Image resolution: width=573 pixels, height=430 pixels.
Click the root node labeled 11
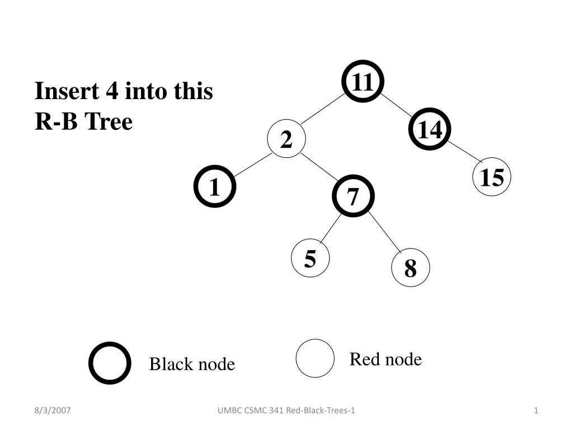363,81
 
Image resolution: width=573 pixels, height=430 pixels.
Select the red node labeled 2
286,139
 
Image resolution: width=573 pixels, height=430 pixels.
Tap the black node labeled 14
430,129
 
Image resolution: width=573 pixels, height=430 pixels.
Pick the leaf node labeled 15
492,176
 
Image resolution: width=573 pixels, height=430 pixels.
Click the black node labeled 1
215,186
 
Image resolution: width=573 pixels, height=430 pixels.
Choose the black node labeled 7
354,196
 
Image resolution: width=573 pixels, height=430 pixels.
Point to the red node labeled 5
310,258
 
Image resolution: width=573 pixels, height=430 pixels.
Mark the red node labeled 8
410,267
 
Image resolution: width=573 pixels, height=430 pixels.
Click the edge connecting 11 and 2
323,109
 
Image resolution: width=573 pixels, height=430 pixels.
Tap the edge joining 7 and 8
385,232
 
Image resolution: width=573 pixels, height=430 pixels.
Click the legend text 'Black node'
192,364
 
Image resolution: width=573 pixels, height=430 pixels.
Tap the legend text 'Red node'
386,359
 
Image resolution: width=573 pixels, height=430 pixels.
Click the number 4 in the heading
112,91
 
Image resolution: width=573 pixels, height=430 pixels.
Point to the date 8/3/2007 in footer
52,410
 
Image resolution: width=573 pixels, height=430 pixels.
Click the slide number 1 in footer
536,410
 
